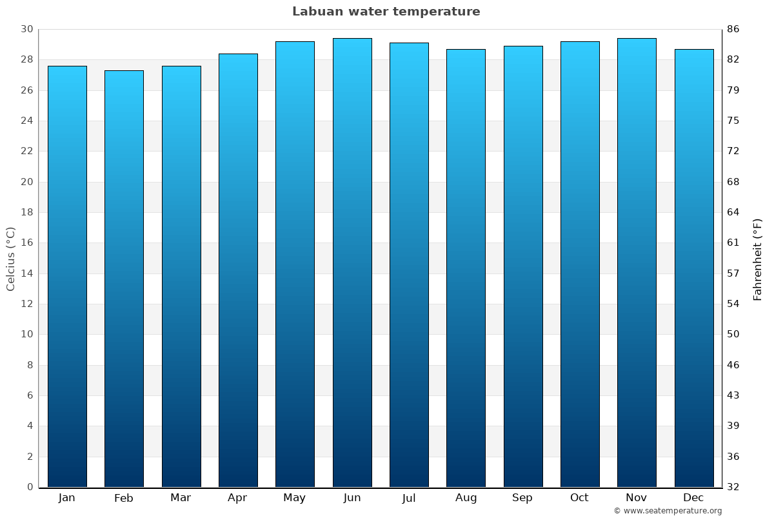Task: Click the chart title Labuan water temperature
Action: click(386, 12)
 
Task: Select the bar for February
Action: click(124, 279)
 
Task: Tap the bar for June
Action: click(352, 263)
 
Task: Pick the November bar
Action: click(637, 263)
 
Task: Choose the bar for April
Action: click(238, 270)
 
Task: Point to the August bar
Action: click(466, 268)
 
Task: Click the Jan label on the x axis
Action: click(66, 498)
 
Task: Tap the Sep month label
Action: click(522, 498)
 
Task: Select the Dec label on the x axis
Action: click(693, 498)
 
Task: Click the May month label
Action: click(295, 498)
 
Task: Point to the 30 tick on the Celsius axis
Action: click(26, 29)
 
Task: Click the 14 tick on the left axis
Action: click(26, 273)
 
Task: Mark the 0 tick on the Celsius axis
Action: click(30, 487)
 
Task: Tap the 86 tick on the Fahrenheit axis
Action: click(733, 29)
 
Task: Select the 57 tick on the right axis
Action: click(733, 273)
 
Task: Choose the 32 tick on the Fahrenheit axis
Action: click(733, 487)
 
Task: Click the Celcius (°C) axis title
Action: click(11, 258)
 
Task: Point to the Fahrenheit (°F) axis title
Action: click(758, 259)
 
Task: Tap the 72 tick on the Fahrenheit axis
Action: click(733, 151)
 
